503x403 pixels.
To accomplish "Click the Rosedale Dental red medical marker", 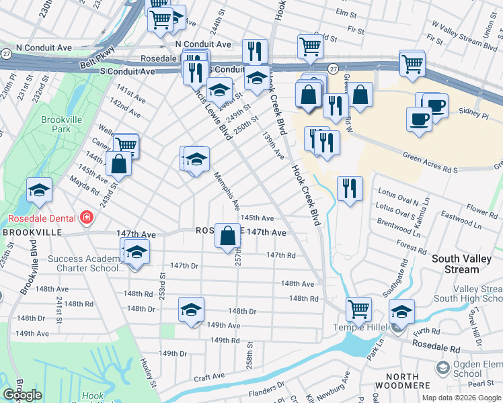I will tap(86, 217).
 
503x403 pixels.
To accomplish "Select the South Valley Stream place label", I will tap(465, 264).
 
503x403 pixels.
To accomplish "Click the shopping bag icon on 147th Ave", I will tap(228, 236).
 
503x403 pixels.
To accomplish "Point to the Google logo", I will tap(23, 394).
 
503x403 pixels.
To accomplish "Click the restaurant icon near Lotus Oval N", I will tap(350, 188).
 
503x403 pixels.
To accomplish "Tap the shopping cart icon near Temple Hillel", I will tap(358, 309).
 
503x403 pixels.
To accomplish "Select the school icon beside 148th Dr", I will tap(191, 310).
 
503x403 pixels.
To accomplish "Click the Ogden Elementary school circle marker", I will tap(442, 368).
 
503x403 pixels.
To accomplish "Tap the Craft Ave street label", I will tap(208, 379).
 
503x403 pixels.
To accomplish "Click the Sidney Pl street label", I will tap(471, 111).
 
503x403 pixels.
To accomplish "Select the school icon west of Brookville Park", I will tap(39, 191).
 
